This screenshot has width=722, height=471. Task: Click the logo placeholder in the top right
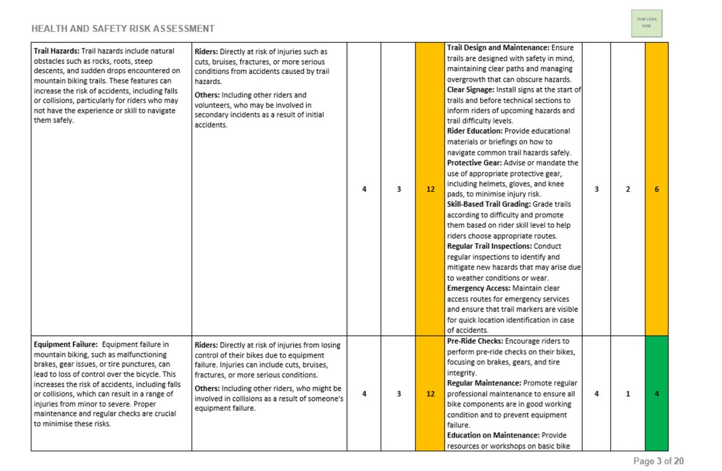[646, 23]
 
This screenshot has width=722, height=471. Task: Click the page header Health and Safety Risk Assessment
[122, 28]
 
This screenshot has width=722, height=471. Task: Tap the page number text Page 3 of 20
[658, 461]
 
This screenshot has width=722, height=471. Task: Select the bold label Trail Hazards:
[56, 51]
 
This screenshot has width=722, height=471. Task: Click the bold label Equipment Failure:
[65, 345]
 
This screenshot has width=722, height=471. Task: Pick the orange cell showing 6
[656, 189]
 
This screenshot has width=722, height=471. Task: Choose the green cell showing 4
[656, 393]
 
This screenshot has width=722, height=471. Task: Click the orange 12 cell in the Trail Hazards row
[430, 189]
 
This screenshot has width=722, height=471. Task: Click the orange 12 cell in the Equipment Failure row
[430, 393]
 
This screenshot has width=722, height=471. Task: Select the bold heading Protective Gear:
[474, 163]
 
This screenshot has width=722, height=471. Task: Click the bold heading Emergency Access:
[478, 288]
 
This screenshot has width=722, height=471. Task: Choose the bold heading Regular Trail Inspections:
[490, 246]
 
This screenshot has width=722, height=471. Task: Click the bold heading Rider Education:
[474, 131]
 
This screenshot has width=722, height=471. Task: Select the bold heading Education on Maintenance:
[493, 435]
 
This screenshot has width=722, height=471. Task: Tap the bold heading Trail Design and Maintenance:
[498, 47]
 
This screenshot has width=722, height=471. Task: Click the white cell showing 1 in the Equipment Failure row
[628, 393]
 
